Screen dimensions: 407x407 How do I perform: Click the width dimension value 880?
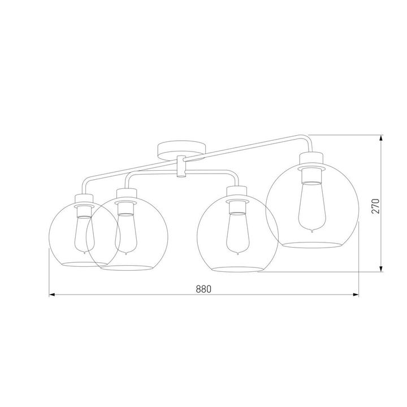[x=203, y=288]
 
